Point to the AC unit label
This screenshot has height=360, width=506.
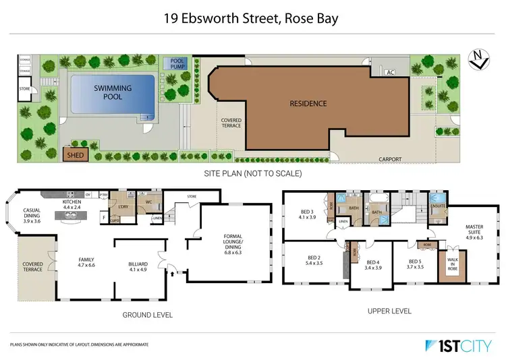[x=390, y=72]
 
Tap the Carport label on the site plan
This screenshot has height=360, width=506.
[x=389, y=159]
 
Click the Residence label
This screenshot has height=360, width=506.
[x=308, y=103]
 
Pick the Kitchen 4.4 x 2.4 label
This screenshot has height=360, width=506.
[x=72, y=204]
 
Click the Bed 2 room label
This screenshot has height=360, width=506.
[x=314, y=261]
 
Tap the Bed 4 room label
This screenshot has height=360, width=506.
[x=374, y=265]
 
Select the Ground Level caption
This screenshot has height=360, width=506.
[x=146, y=314]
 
